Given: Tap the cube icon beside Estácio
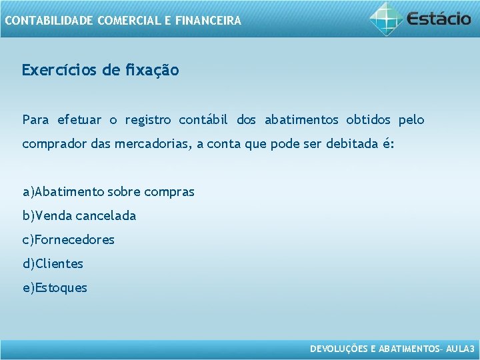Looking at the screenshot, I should tap(386, 18).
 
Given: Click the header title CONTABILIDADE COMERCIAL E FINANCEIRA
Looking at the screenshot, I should tap(123, 21).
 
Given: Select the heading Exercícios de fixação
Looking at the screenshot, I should tap(100, 70).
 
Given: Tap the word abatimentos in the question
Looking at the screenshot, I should tap(302, 120).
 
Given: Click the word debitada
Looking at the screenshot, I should tap(353, 144).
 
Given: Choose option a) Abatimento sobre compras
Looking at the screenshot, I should tap(109, 192).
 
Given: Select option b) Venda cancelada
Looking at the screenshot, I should tap(79, 216).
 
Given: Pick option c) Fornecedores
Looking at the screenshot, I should tap(69, 239).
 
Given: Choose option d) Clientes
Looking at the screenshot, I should tap(53, 264).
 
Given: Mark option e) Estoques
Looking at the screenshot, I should tap(55, 288).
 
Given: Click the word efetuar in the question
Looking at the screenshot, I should tap(79, 120).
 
